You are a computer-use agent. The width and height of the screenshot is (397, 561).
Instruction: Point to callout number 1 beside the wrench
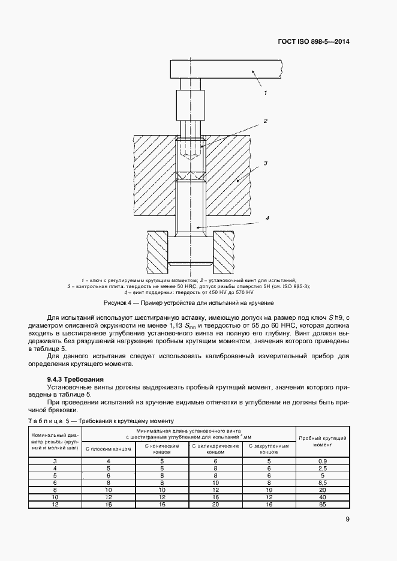pos(265,93)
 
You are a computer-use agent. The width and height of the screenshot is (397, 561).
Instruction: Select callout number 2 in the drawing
pos(265,121)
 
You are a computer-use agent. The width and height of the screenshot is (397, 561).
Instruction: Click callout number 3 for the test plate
pos(265,163)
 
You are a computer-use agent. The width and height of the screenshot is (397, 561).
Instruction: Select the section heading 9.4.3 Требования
pos(75,379)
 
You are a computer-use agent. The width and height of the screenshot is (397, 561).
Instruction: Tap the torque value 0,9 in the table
pos(323,460)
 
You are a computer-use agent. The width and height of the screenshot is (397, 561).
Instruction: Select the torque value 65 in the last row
pos(323,504)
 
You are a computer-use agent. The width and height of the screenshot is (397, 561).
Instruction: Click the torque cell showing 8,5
pos(323,482)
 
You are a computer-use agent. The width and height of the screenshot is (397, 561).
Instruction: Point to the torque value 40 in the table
pos(323,497)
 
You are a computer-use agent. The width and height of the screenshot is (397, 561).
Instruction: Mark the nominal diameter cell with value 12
pos(55,504)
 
